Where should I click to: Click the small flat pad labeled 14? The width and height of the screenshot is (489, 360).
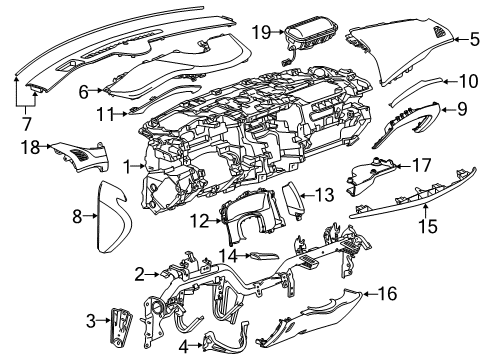tap(262, 257)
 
